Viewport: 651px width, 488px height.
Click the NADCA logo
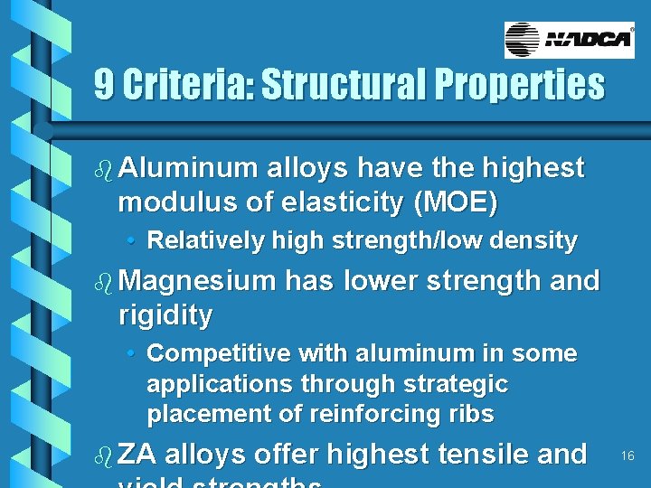pos(569,40)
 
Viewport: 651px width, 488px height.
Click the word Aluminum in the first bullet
pos(186,168)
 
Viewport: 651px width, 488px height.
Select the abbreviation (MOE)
pos(455,202)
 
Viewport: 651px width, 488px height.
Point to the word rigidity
pos(165,315)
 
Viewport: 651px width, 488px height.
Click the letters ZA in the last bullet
pos(137,454)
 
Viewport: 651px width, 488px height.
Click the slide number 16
pos(627,457)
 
